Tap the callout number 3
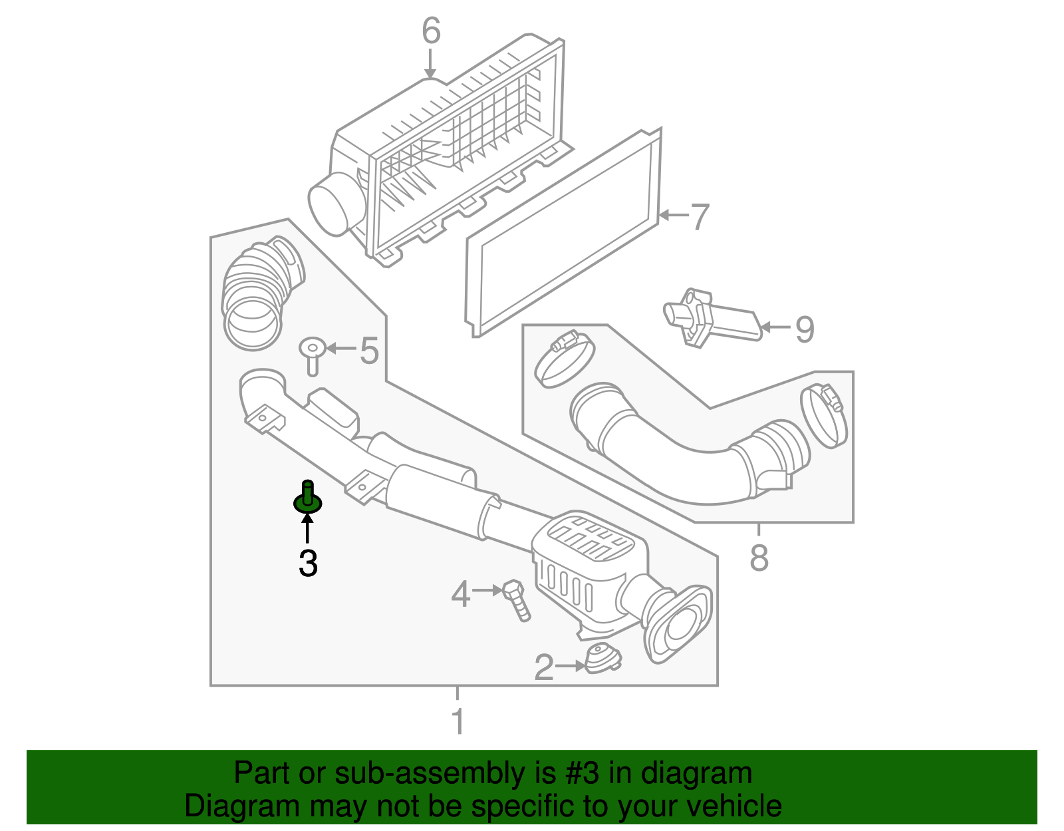308,563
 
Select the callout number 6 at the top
431,31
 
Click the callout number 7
699,217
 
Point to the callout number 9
804,329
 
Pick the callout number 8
759,558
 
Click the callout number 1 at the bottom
458,721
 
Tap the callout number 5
369,350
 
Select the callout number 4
460,593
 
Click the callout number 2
544,667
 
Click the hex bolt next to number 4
518,599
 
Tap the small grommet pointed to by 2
602,659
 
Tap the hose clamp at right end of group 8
825,415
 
